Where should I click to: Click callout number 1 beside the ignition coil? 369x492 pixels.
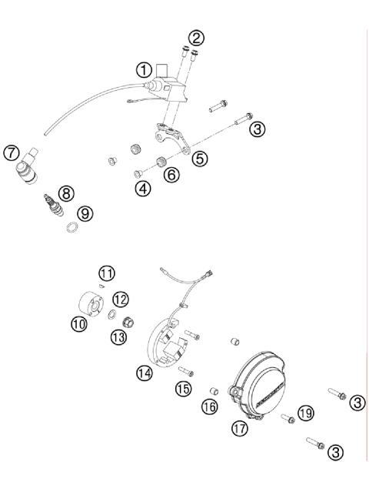point(145,69)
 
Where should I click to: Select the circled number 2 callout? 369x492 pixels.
point(198,38)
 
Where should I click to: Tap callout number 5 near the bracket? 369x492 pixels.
point(200,158)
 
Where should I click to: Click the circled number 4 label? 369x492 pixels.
point(142,188)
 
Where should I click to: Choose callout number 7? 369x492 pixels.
point(12,153)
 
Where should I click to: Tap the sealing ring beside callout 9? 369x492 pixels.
point(70,228)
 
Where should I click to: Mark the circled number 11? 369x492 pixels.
point(107,273)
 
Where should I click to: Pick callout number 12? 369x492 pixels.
point(121,298)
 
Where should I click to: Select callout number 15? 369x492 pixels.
point(182,389)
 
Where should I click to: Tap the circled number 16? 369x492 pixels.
point(210,406)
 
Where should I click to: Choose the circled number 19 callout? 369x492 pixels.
point(306,413)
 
